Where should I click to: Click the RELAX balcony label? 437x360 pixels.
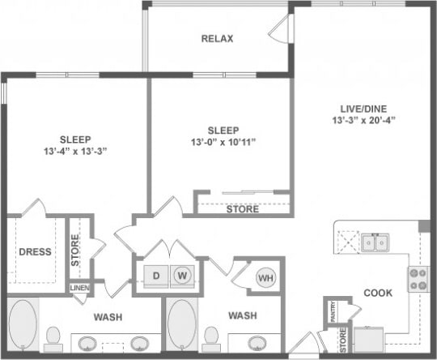pos(217,38)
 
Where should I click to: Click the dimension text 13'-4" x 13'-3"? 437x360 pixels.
pos(74,151)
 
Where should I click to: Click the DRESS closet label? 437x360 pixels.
pos(35,251)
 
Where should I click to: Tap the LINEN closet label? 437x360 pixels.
pos(79,288)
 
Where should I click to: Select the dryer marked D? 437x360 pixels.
pos(157,276)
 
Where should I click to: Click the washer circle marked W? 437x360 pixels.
pos(183,276)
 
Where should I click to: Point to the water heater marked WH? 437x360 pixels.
pos(265,278)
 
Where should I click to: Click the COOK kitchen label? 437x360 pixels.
pos(378,293)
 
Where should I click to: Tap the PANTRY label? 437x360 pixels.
pos(331,309)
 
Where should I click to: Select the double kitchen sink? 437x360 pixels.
pos(374,242)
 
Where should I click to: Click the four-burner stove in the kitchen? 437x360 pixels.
pos(418,279)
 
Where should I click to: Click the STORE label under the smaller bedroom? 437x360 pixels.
pos(243,209)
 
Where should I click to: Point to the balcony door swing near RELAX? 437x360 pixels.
pos(279,29)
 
